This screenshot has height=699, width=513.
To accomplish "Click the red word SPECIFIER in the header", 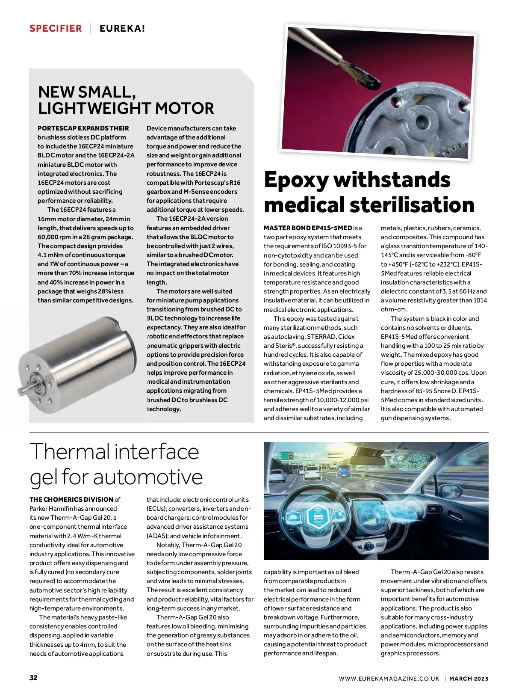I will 56,29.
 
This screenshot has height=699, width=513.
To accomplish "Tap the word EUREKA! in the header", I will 122,29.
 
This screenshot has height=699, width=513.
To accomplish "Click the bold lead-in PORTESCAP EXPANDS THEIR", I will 83,128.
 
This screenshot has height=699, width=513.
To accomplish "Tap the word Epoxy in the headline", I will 296,180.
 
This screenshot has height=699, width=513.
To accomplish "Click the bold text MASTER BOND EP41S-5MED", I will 308,228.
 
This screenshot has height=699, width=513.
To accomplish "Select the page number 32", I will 33,678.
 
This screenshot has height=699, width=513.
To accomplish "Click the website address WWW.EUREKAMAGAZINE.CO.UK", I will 389,678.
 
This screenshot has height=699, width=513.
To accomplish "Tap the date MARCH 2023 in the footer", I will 469,678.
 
